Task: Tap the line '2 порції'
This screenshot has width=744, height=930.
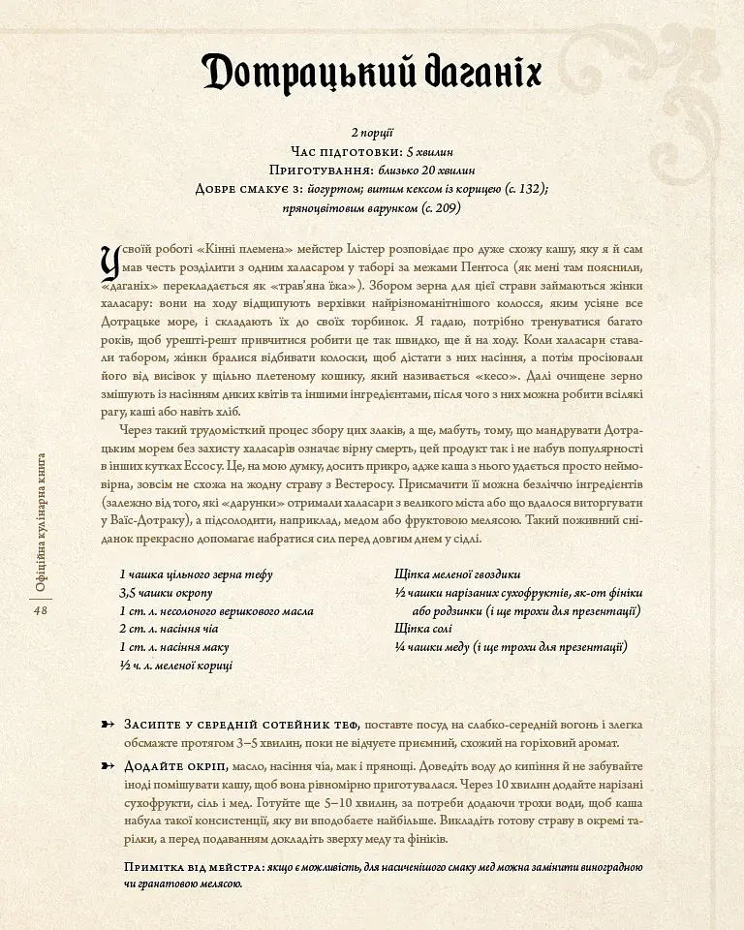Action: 372,132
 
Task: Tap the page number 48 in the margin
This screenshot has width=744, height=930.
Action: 41,611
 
